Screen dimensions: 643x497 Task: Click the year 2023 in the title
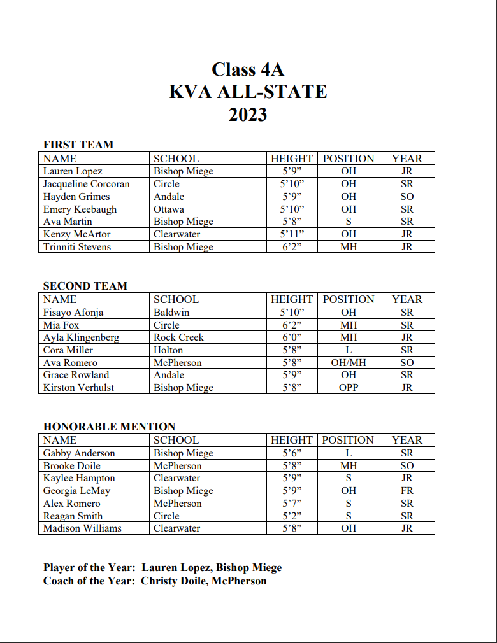click(248, 115)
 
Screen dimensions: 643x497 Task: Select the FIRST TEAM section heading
click(78, 145)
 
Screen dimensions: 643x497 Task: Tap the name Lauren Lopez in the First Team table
click(73, 171)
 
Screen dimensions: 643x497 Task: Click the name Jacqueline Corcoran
click(86, 184)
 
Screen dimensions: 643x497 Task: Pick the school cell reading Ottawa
click(169, 209)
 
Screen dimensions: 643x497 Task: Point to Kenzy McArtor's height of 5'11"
click(292, 234)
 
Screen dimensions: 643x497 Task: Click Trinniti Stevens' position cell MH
click(349, 247)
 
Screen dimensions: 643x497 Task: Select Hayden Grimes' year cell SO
click(407, 197)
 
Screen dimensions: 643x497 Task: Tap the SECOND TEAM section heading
click(85, 286)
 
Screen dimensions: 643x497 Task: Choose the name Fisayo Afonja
click(73, 313)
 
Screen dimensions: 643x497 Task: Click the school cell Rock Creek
click(178, 337)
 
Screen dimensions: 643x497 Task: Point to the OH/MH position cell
click(349, 363)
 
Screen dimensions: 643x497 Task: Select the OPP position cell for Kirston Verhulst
click(349, 388)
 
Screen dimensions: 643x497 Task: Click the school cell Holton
click(168, 350)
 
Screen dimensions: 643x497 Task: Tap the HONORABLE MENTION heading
click(109, 427)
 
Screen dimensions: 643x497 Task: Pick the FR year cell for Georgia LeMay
click(407, 491)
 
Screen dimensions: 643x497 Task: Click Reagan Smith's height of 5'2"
click(292, 516)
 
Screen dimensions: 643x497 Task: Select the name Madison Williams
click(82, 528)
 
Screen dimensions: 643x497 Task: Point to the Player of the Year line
click(162, 567)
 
